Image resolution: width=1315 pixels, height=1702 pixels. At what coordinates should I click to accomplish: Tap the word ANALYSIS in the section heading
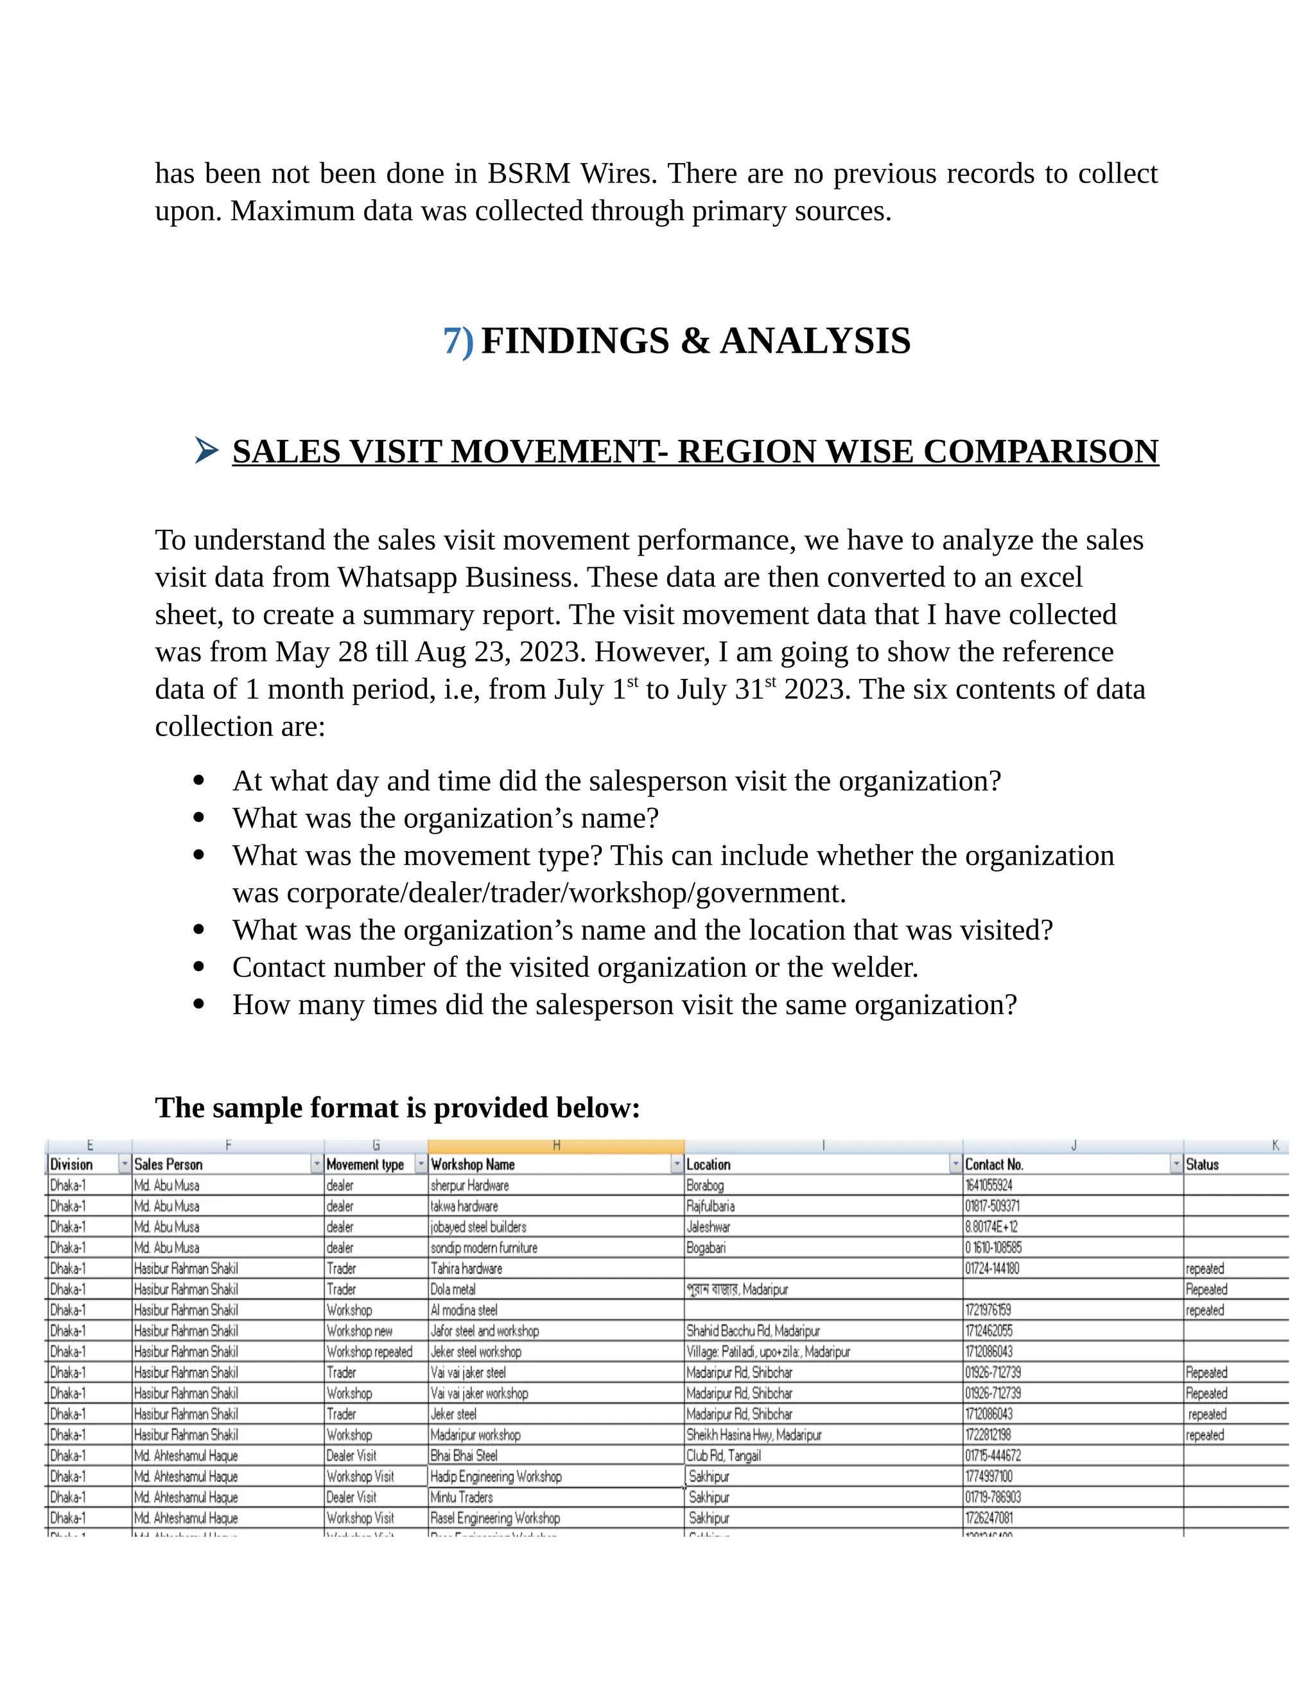click(815, 341)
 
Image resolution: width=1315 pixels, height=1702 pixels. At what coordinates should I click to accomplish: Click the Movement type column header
click(365, 1164)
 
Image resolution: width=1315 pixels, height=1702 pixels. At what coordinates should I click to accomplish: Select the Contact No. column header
click(994, 1164)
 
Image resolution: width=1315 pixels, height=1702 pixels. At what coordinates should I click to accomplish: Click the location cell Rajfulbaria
click(711, 1206)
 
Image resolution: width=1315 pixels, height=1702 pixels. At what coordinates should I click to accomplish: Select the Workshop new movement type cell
click(360, 1331)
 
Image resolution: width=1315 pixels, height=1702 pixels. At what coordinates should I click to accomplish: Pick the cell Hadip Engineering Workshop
click(496, 1477)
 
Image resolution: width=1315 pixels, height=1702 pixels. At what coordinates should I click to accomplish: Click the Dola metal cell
click(453, 1290)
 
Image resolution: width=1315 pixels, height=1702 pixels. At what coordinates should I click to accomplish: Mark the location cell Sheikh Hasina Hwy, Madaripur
click(754, 1435)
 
